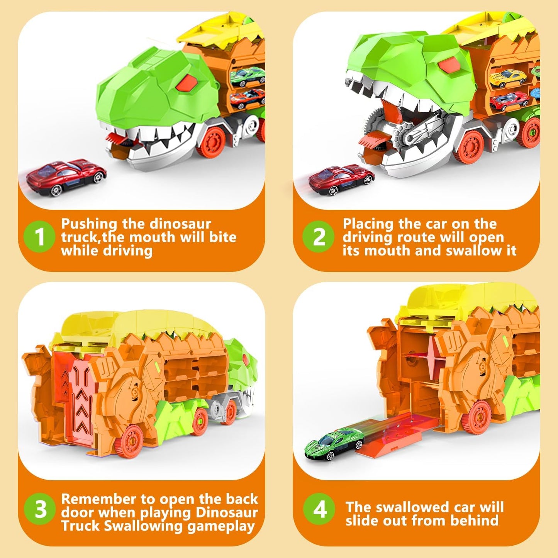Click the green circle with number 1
point(39,236)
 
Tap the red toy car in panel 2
point(341,180)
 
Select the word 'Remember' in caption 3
point(99,499)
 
